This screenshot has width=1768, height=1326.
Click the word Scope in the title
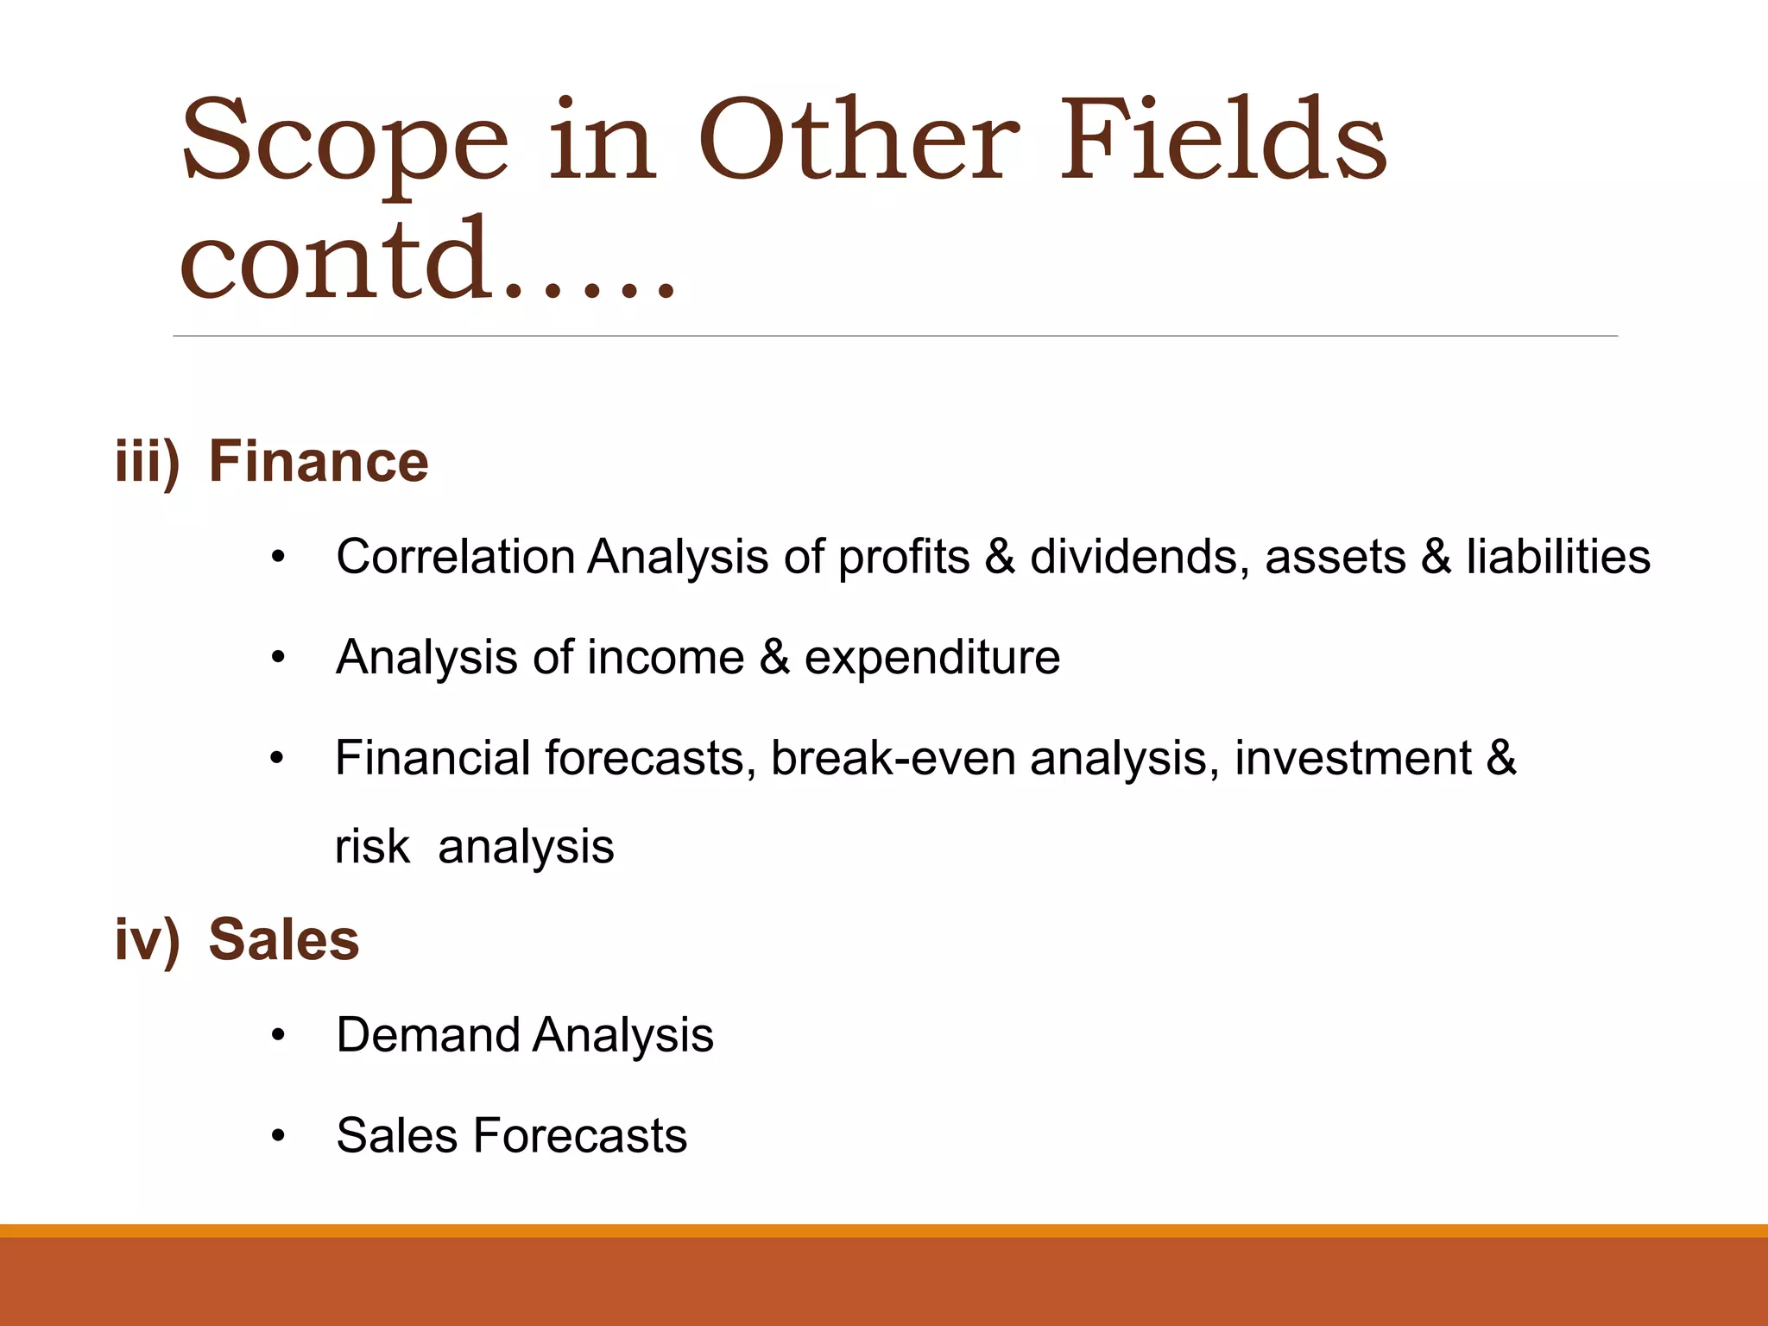click(x=344, y=142)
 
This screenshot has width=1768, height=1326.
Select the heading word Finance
click(x=319, y=462)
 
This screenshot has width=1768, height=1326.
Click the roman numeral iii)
click(x=148, y=463)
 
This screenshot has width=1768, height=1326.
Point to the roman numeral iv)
click(x=148, y=940)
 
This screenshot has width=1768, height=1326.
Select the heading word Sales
click(x=283, y=939)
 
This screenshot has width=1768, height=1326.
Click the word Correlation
click(x=455, y=557)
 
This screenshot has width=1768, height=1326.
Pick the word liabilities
click(x=1558, y=557)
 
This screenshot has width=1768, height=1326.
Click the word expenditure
click(x=931, y=659)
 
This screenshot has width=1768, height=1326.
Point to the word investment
click(x=1353, y=759)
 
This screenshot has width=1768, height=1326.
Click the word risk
click(x=371, y=847)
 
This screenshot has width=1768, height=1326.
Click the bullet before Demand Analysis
click(x=277, y=1036)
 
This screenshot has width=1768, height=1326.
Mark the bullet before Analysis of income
click(x=277, y=659)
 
